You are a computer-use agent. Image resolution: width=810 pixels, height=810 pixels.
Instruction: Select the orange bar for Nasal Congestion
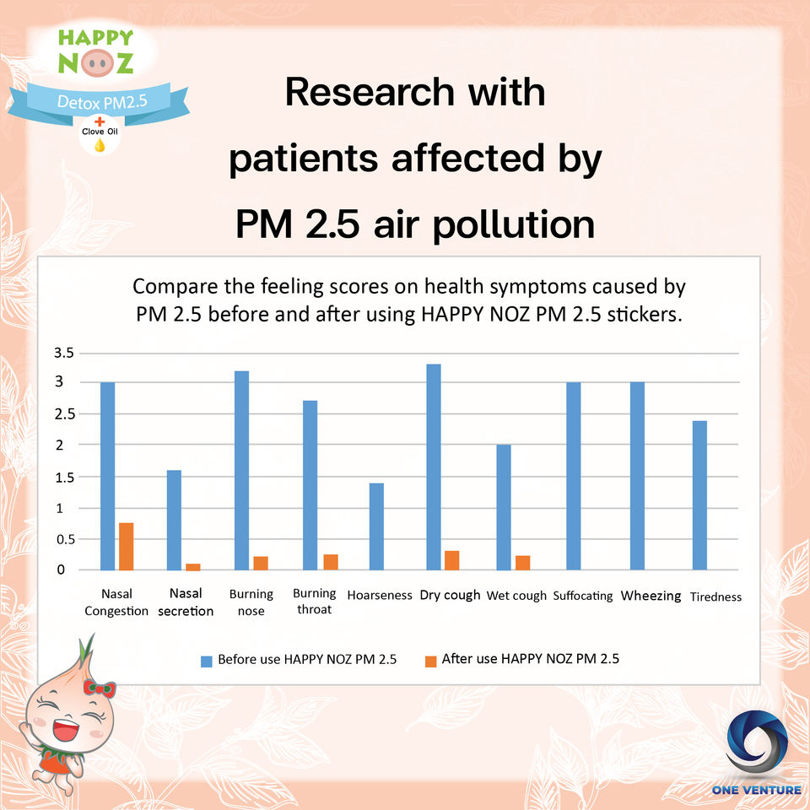tap(127, 547)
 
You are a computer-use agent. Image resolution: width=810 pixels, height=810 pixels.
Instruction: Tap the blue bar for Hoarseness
tap(375, 526)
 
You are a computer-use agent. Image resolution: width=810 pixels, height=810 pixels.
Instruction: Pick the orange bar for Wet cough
tap(522, 563)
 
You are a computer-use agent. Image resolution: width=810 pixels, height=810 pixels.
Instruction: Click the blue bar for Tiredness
tap(699, 495)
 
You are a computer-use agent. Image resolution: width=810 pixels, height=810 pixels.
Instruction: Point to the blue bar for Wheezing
tap(637, 476)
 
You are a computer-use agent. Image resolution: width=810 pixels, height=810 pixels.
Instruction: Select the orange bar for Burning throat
tap(331, 562)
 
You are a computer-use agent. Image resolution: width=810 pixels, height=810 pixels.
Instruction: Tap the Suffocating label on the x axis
tap(583, 597)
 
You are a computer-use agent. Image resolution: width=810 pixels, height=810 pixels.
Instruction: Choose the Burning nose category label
tap(251, 602)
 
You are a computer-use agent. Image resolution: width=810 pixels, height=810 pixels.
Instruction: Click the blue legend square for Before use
tap(207, 660)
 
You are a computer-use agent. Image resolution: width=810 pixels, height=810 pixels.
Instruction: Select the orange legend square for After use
tap(430, 660)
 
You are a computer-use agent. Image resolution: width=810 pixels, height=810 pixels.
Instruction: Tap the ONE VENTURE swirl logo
tap(755, 745)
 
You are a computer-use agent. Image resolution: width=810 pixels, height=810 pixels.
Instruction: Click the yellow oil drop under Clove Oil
tap(100, 144)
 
